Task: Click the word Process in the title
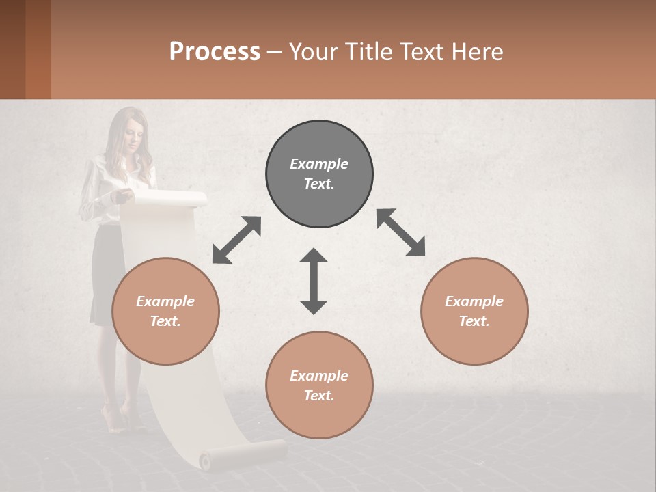(x=215, y=52)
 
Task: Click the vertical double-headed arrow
(x=314, y=281)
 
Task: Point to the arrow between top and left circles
(x=236, y=240)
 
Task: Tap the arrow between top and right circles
(x=401, y=232)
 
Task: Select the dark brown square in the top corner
(x=12, y=49)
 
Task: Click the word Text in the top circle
(x=319, y=184)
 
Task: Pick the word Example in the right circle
(x=474, y=301)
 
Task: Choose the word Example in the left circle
(x=165, y=301)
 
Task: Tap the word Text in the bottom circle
(x=319, y=396)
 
